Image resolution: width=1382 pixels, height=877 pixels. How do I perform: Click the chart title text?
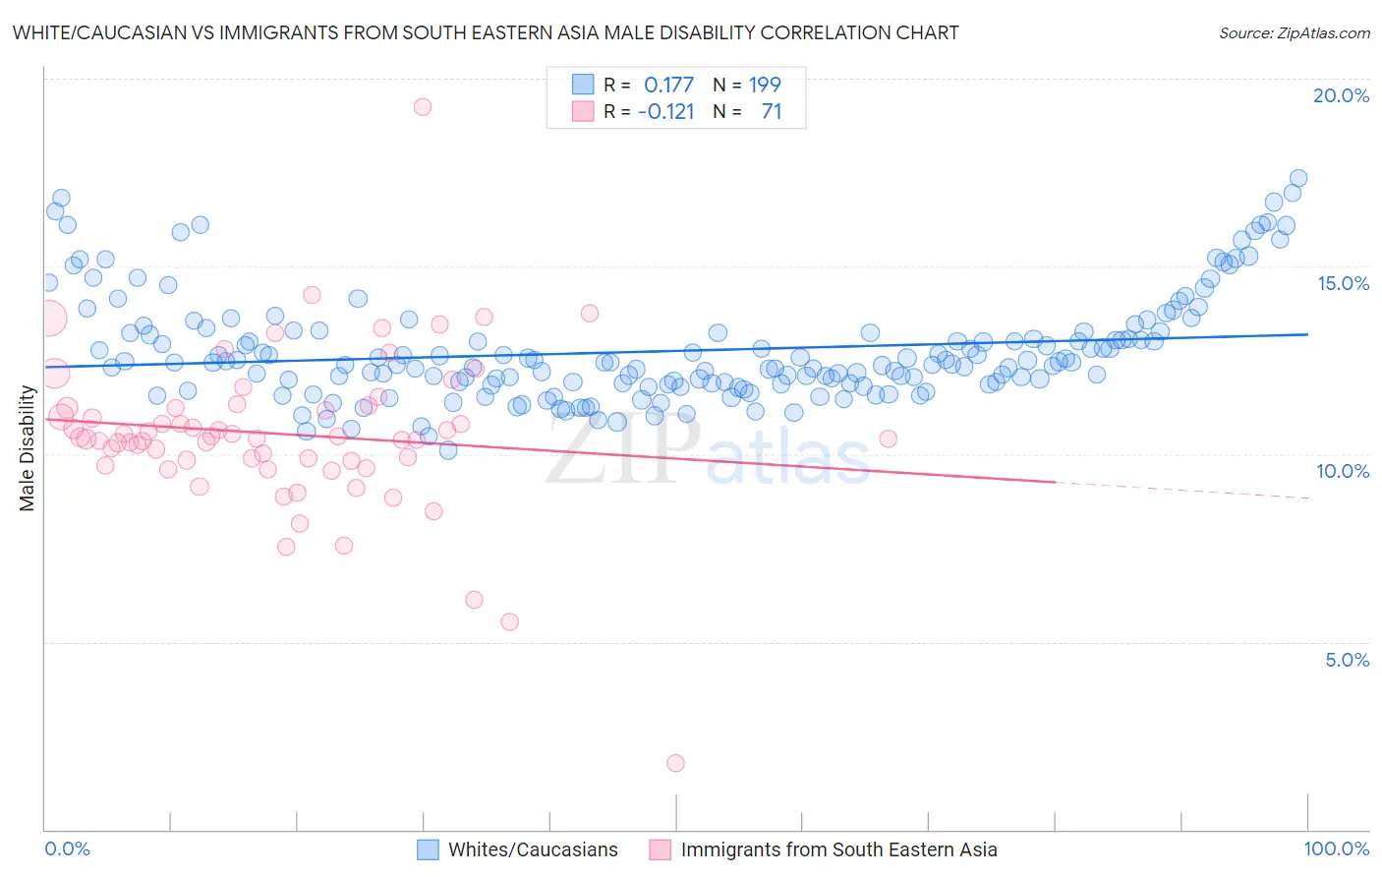pyautogui.click(x=486, y=32)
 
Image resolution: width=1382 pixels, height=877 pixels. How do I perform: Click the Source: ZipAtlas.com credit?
pyautogui.click(x=1294, y=32)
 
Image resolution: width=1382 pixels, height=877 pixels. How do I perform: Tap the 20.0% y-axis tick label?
pyautogui.click(x=1341, y=95)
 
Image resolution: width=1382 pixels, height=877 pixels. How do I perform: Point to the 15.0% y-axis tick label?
pyautogui.click(x=1343, y=283)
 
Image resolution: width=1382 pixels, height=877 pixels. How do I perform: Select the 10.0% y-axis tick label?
pyautogui.click(x=1343, y=471)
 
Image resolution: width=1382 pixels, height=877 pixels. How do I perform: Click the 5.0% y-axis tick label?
pyautogui.click(x=1347, y=660)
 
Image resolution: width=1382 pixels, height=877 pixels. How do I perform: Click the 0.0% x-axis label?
pyautogui.click(x=67, y=848)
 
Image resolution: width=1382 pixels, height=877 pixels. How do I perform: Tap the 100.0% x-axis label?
pyautogui.click(x=1336, y=848)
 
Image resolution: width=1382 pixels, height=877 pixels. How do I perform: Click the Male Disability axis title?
pyautogui.click(x=28, y=447)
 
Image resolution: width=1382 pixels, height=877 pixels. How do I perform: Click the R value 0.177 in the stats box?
pyautogui.click(x=668, y=85)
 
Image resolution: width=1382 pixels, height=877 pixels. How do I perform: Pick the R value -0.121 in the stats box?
pyautogui.click(x=665, y=111)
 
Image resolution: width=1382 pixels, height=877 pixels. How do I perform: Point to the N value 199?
pyautogui.click(x=765, y=85)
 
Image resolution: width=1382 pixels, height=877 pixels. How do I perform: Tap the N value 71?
pyautogui.click(x=772, y=111)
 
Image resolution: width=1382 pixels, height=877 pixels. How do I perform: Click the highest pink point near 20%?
pyautogui.click(x=423, y=106)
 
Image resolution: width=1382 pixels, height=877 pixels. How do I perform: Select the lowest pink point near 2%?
pyautogui.click(x=675, y=763)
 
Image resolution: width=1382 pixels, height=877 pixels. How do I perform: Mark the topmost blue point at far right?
pyautogui.click(x=1298, y=178)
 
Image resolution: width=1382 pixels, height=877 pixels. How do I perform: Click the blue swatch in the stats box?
pyautogui.click(x=583, y=85)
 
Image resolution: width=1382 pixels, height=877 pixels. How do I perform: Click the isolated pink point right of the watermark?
pyautogui.click(x=889, y=438)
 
